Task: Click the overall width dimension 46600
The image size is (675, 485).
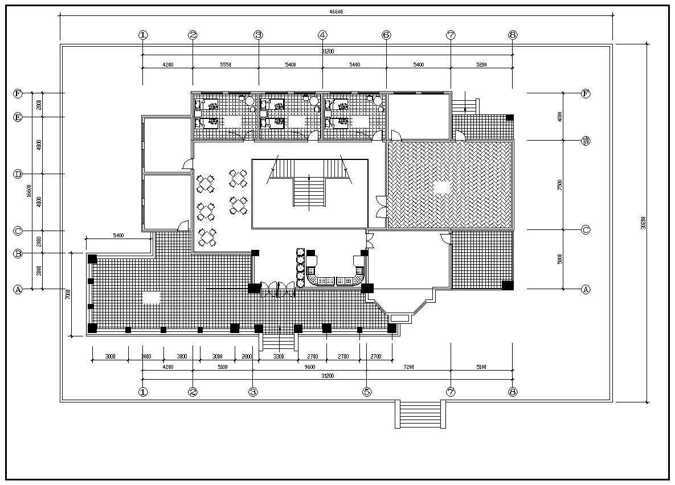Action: click(336, 11)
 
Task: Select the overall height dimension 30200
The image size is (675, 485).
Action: click(643, 223)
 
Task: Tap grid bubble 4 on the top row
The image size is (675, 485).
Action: click(322, 35)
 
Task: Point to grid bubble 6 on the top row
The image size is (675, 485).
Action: click(386, 35)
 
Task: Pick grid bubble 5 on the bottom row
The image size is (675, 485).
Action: click(367, 392)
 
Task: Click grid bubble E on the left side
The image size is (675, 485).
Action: click(18, 117)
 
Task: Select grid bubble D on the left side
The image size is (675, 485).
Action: click(18, 174)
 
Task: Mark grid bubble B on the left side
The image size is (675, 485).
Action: click(18, 253)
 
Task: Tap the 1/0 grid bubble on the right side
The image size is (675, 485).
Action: click(586, 141)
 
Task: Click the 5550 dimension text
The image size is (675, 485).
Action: click(225, 65)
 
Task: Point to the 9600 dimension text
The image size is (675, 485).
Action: click(309, 367)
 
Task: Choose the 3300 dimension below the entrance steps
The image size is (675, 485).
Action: click(278, 356)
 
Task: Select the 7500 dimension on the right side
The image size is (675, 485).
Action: click(560, 185)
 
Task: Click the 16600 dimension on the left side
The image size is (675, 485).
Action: click(28, 191)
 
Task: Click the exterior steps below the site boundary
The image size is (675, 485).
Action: click(420, 414)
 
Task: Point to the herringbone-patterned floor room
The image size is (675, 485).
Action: click(449, 185)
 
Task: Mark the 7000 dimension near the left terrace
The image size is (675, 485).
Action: click(67, 294)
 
